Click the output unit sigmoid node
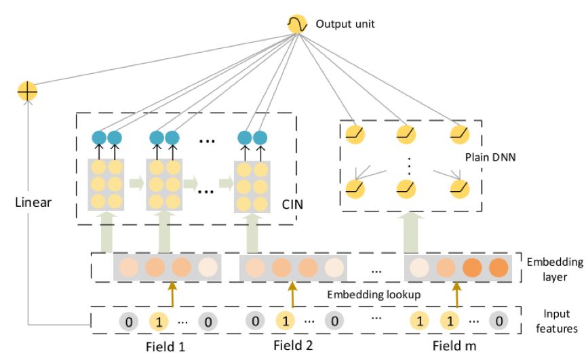[x=297, y=25]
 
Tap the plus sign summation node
[x=28, y=91]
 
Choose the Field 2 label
[x=293, y=346]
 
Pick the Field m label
[x=454, y=346]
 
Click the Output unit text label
[x=345, y=25]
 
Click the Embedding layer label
[x=555, y=269]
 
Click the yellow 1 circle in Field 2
[x=285, y=321]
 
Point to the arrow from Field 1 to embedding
[x=173, y=296]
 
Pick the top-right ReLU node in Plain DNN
[x=460, y=134]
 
